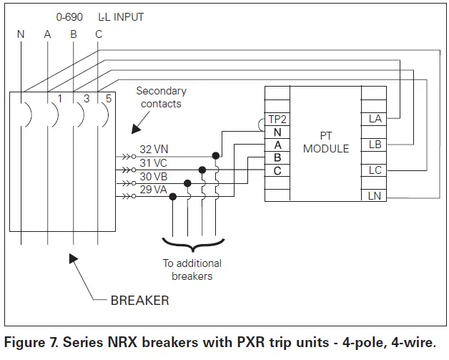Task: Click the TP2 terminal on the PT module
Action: coord(277,120)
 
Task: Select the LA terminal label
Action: coord(375,119)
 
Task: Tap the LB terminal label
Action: coord(375,145)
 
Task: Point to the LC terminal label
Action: coord(375,170)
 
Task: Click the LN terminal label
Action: coord(374,196)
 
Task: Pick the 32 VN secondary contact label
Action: coord(154,150)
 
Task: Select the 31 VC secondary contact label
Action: coord(153,163)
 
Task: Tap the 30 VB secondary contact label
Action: coord(154,177)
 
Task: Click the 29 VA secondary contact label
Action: coord(153,190)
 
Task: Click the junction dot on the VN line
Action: coord(216,155)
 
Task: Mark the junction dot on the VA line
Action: coord(173,197)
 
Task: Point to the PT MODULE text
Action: coord(326,142)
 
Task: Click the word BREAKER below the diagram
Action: coord(139,301)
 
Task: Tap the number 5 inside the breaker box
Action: coord(109,99)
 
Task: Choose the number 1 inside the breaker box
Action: coord(60,99)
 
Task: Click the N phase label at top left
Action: coord(21,34)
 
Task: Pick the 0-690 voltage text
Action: coord(69,17)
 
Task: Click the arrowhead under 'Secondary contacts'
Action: coord(136,130)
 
